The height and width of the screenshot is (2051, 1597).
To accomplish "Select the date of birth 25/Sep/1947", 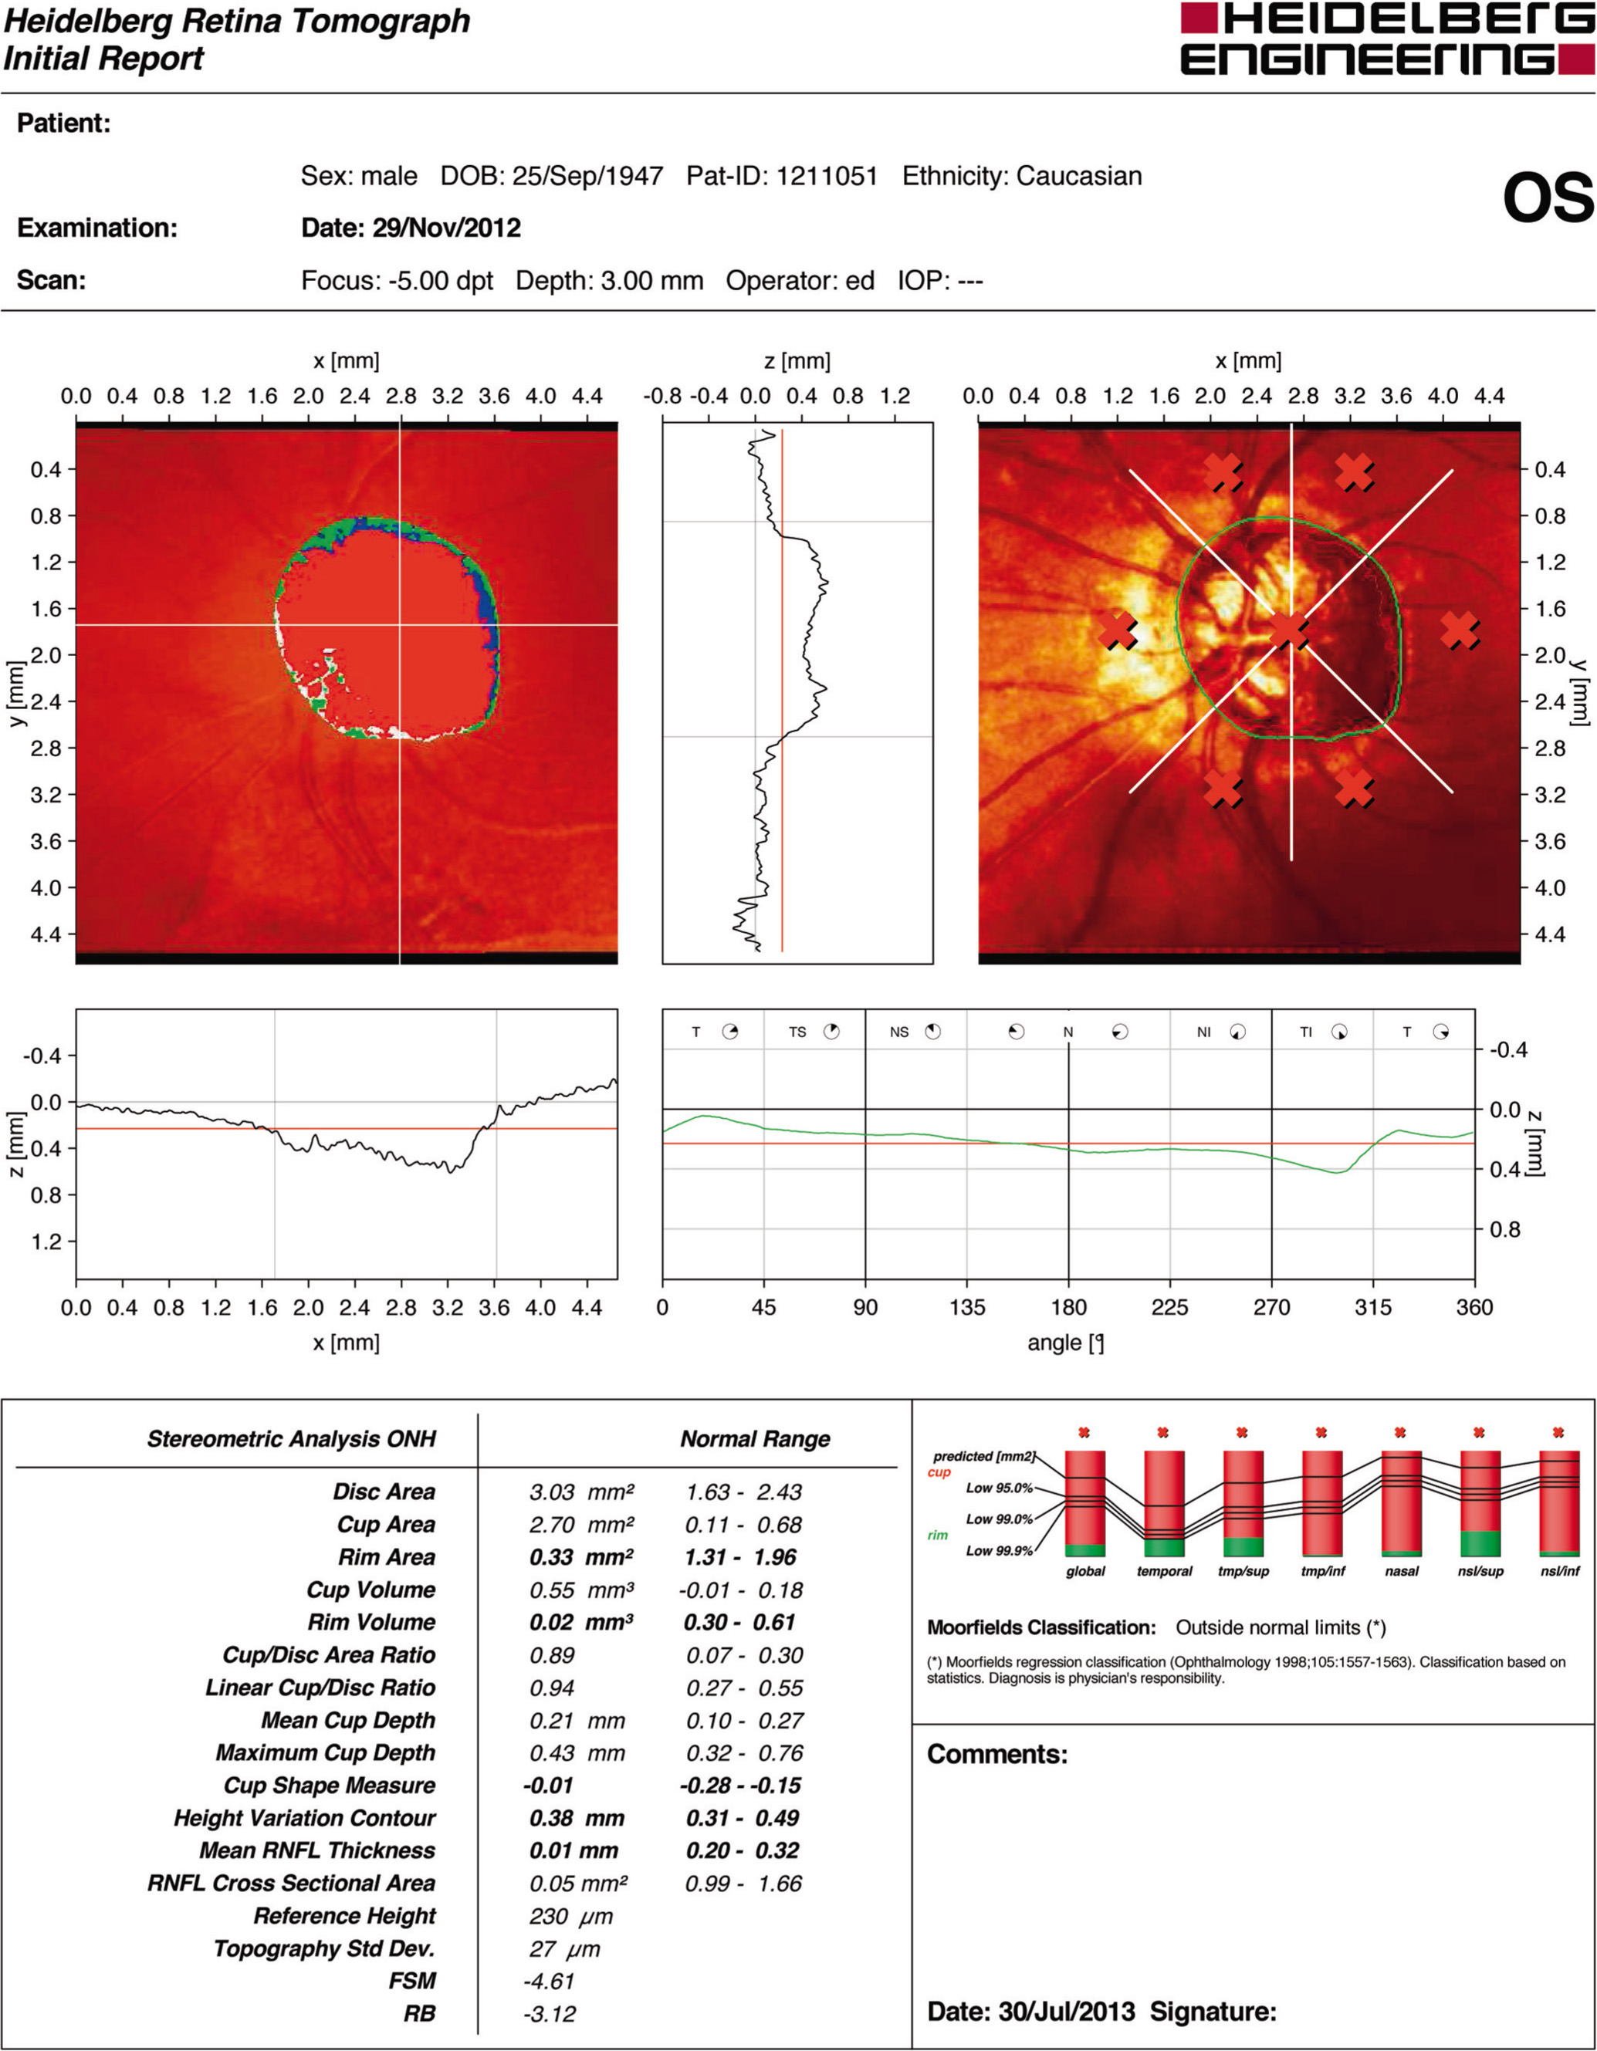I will [587, 177].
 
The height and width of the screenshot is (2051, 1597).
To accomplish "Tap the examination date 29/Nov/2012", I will [446, 228].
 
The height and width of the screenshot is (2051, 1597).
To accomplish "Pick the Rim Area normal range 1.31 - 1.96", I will [740, 1557].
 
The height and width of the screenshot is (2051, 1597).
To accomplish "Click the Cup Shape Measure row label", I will [329, 1786].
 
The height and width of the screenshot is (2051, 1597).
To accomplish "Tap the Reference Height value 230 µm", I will [570, 1916].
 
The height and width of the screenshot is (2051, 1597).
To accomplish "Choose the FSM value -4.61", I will [549, 1981].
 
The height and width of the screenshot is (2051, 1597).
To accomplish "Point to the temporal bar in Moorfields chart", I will [1164, 1503].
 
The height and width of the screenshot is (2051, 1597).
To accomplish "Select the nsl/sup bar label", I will [1480, 1571].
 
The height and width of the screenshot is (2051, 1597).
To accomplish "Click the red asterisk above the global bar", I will [1084, 1433].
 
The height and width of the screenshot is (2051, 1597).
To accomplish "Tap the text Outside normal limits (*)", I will [1281, 1627].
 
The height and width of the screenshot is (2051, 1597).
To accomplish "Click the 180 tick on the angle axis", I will [1068, 1307].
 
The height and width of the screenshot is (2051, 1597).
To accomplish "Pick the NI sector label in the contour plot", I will [1203, 1032].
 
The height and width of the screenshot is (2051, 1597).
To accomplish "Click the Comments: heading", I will [996, 1754].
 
